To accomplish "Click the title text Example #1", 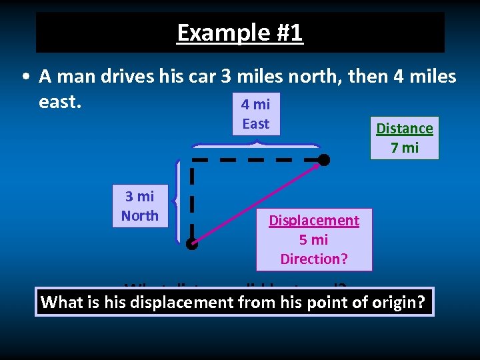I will [240, 32].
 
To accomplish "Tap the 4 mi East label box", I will [256, 114].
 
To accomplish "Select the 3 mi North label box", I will [140, 205].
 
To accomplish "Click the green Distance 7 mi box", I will [404, 138].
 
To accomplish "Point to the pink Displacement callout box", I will [313, 239].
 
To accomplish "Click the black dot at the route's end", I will [323, 160].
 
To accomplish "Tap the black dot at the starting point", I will [192, 244].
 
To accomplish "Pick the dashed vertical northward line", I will [192, 200].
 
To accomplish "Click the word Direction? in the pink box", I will [314, 259].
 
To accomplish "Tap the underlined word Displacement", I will [314, 221].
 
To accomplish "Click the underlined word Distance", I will [405, 129].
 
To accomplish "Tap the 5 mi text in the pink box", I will [314, 239].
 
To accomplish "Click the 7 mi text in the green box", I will [405, 147].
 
